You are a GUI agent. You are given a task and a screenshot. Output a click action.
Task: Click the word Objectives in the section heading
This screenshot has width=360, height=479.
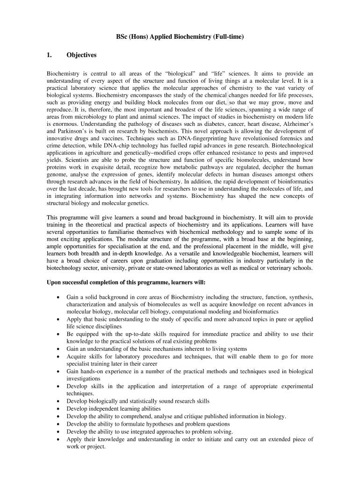(81, 55)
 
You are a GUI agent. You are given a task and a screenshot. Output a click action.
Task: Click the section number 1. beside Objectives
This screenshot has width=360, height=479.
(49, 55)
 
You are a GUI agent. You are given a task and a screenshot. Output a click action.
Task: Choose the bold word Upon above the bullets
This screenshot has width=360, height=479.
(55, 283)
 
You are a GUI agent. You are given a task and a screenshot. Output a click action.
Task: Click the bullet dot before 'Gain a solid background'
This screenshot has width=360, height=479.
(58, 297)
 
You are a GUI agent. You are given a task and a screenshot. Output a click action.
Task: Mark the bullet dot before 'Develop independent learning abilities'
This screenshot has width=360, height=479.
(58, 409)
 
